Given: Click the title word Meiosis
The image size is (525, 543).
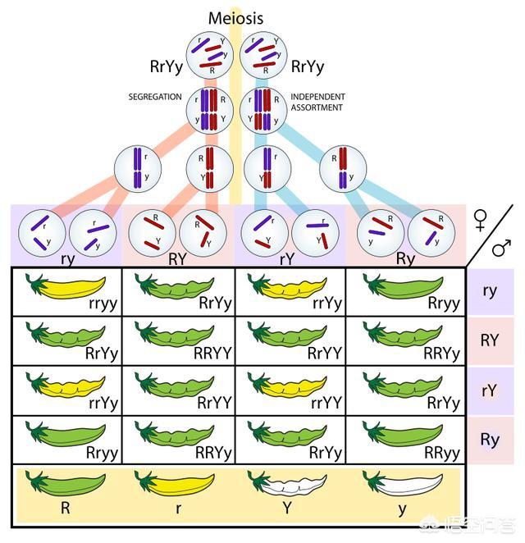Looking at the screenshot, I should pyautogui.click(x=236, y=18).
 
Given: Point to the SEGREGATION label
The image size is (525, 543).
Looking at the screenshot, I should pyautogui.click(x=155, y=97).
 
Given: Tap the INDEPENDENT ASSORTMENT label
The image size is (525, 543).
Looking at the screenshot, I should pyautogui.click(x=317, y=102).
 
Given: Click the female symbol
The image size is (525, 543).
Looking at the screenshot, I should pyautogui.click(x=482, y=219).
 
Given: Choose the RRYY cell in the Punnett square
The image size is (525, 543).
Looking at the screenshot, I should pyautogui.click(x=178, y=340).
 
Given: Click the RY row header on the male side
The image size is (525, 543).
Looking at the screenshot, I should pyautogui.click(x=491, y=340).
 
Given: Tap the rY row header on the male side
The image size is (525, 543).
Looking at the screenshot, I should pyautogui.click(x=491, y=390).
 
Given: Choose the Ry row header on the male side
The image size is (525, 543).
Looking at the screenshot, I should pyautogui.click(x=491, y=440).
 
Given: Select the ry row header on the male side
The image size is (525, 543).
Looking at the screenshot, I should pyautogui.click(x=491, y=291).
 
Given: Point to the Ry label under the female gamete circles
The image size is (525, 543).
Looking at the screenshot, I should pyautogui.click(x=405, y=259).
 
